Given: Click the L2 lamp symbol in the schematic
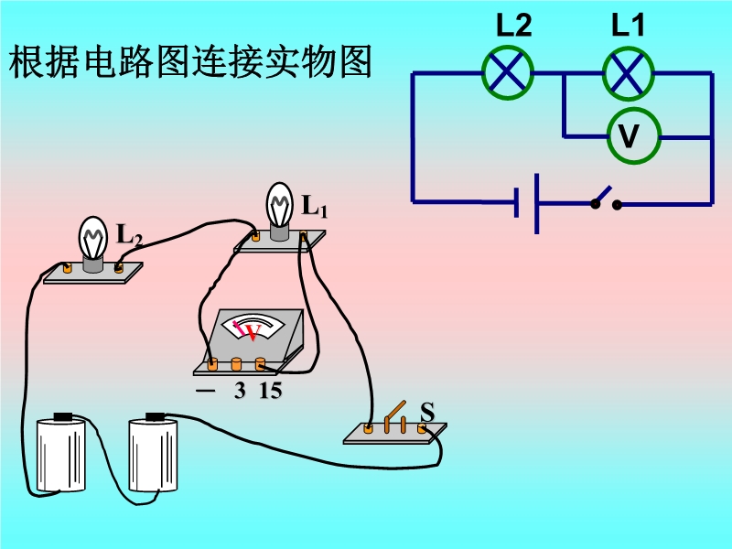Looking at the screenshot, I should (x=508, y=72).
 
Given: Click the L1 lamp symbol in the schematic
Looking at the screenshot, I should (x=628, y=72).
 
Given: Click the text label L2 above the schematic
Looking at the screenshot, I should (x=513, y=26).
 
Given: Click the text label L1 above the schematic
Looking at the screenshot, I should (x=629, y=26).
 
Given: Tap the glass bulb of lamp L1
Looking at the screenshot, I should (x=280, y=203).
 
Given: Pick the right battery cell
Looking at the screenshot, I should (x=153, y=455).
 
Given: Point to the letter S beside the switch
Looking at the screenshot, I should (x=426, y=412).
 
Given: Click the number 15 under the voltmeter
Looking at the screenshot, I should (x=270, y=392).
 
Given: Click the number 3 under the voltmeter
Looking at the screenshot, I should (x=240, y=392).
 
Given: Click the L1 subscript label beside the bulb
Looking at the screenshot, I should (x=315, y=207).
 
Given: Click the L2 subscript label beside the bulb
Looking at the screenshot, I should (x=129, y=234).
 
